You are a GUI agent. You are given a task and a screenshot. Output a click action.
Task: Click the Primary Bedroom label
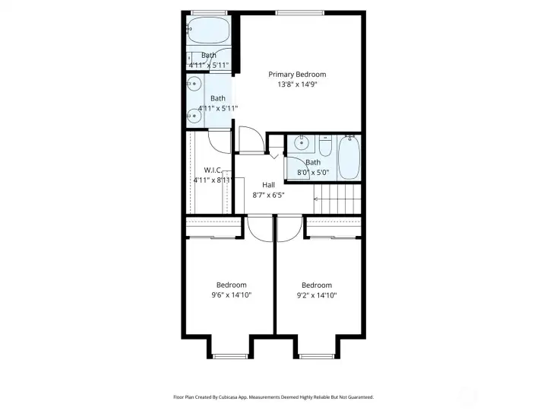[x=297, y=74]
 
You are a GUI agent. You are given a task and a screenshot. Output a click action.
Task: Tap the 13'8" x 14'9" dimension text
[x=297, y=84]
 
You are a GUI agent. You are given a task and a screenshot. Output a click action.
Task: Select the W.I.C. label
[x=213, y=169]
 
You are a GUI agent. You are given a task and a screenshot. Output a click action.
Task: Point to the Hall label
[x=268, y=184]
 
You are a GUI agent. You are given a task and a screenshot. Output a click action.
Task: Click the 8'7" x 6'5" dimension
[x=268, y=195]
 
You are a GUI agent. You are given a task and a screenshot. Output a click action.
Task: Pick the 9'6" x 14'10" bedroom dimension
[x=231, y=295]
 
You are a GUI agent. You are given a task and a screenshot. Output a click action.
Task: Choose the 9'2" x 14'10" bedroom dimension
[x=316, y=295]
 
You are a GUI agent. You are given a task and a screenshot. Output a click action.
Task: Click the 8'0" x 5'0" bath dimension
[x=313, y=173]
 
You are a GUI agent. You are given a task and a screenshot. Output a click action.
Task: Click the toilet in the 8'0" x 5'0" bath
[x=325, y=145]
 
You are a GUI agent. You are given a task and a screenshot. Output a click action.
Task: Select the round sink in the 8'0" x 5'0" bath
[x=302, y=142]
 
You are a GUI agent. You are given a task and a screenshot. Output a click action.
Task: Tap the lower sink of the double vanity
[x=190, y=115]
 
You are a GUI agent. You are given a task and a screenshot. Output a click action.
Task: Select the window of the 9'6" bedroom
[x=229, y=355]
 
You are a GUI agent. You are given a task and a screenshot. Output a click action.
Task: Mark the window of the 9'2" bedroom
[x=316, y=355]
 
